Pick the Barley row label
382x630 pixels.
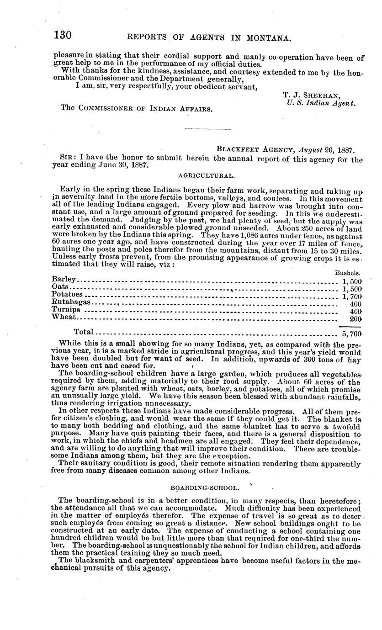(64, 279)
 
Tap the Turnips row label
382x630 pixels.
(67, 310)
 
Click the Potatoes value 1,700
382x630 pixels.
(352, 296)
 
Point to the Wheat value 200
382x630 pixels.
(355, 318)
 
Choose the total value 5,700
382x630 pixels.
(352, 334)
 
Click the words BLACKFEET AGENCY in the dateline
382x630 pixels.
(255, 148)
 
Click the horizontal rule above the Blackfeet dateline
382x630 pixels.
(201, 129)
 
